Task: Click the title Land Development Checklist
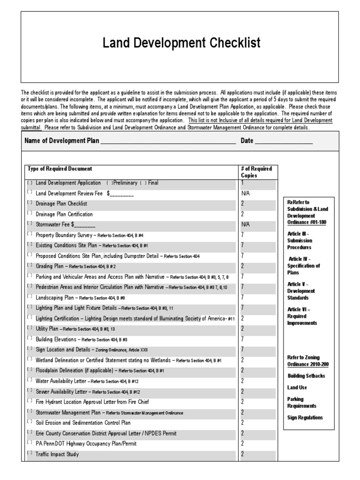pos(181,44)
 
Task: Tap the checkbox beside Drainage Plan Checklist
pos(30,203)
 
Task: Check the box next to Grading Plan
pos(30,266)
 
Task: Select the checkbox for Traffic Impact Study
pos(30,454)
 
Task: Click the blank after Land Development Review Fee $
pos(122,194)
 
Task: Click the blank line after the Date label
pos(284,142)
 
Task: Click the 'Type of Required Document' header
pos(60,169)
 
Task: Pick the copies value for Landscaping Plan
pos(242,297)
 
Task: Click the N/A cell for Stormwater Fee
pos(246,225)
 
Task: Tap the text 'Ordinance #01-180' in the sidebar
pos(307,222)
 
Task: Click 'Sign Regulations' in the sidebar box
pos(305,417)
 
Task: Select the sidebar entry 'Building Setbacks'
pos(306,376)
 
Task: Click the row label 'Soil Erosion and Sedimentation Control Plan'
pos(83,423)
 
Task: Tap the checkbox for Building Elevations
pos(30,339)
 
